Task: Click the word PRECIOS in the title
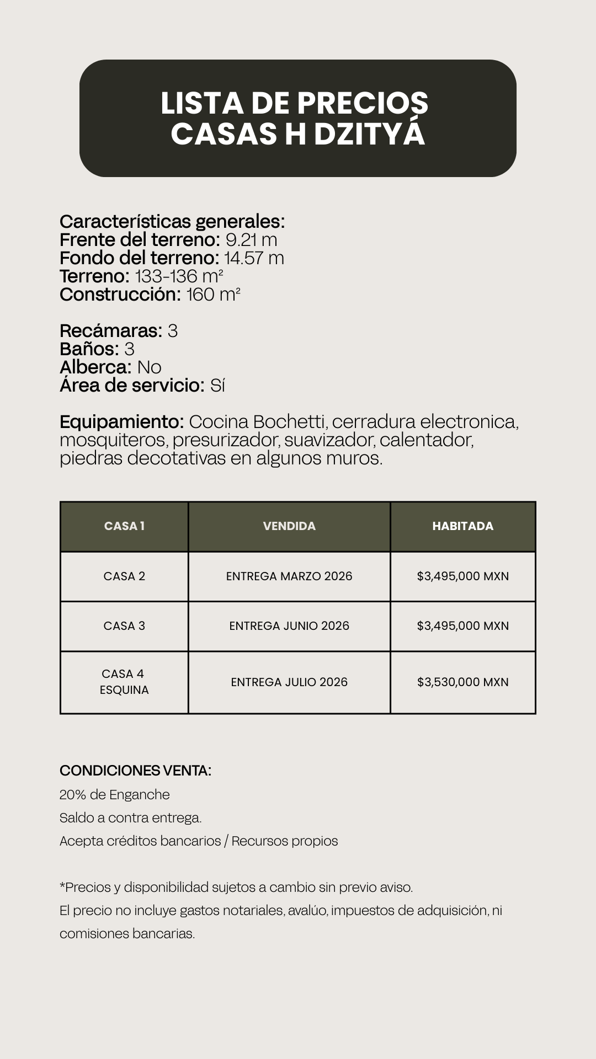[362, 103]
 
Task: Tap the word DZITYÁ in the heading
[370, 133]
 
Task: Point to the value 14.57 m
[254, 258]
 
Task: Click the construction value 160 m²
[213, 295]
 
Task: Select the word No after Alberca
[149, 367]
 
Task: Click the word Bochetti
[289, 422]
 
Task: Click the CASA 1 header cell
[124, 526]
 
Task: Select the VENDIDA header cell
[289, 526]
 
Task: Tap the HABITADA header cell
[462, 526]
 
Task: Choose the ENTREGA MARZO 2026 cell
[289, 576]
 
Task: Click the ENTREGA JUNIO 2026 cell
[289, 626]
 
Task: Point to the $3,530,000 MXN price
[462, 682]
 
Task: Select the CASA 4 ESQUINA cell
[124, 682]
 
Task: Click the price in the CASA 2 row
[462, 576]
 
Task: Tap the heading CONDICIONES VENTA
[135, 771]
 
